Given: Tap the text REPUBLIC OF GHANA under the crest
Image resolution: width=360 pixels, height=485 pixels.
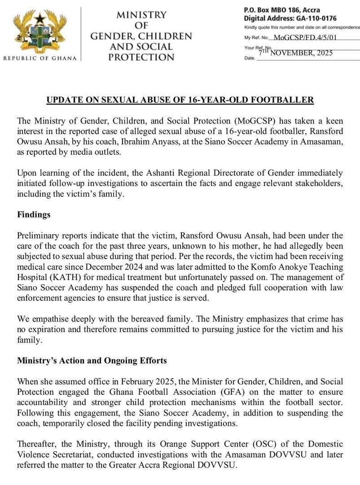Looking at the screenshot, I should [40, 58].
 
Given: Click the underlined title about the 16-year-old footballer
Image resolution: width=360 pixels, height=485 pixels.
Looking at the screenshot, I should [180, 100].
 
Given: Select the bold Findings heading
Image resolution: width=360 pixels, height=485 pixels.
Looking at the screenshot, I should [34, 215].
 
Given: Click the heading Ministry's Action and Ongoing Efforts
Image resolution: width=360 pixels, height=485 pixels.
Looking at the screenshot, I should [92, 360].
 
